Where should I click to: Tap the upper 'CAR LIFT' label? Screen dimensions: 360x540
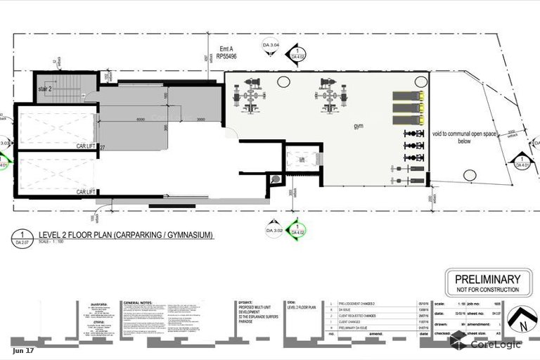[86, 147]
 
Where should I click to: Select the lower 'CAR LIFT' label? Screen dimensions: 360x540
[86, 192]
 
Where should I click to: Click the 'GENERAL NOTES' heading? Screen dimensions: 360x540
[138, 303]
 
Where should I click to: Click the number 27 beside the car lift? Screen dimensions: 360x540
[102, 148]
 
